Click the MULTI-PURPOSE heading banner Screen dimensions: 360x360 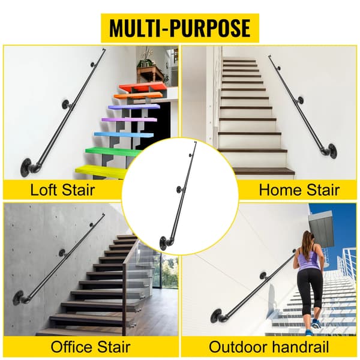(180, 28)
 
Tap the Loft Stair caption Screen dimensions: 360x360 (62, 190)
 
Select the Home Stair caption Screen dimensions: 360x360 (299, 190)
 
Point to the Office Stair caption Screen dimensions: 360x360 (91, 347)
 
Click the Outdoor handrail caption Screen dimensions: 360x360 (269, 347)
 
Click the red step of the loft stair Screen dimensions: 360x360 (142, 88)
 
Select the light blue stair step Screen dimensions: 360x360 (124, 135)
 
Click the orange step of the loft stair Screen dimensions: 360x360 (138, 96)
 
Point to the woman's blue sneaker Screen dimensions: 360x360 (316, 324)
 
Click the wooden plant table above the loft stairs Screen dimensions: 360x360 (150, 73)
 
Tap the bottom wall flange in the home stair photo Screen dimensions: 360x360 (332, 151)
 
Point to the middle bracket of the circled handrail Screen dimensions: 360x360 (180, 190)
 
